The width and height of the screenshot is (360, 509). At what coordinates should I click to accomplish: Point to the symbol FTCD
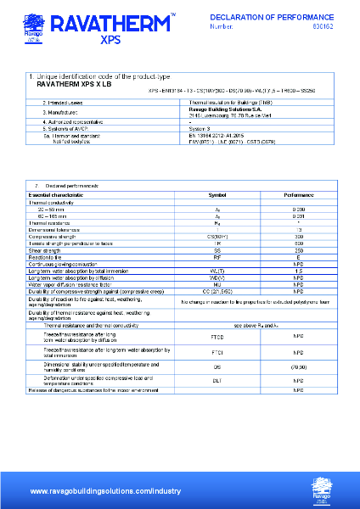pos(217,337)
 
